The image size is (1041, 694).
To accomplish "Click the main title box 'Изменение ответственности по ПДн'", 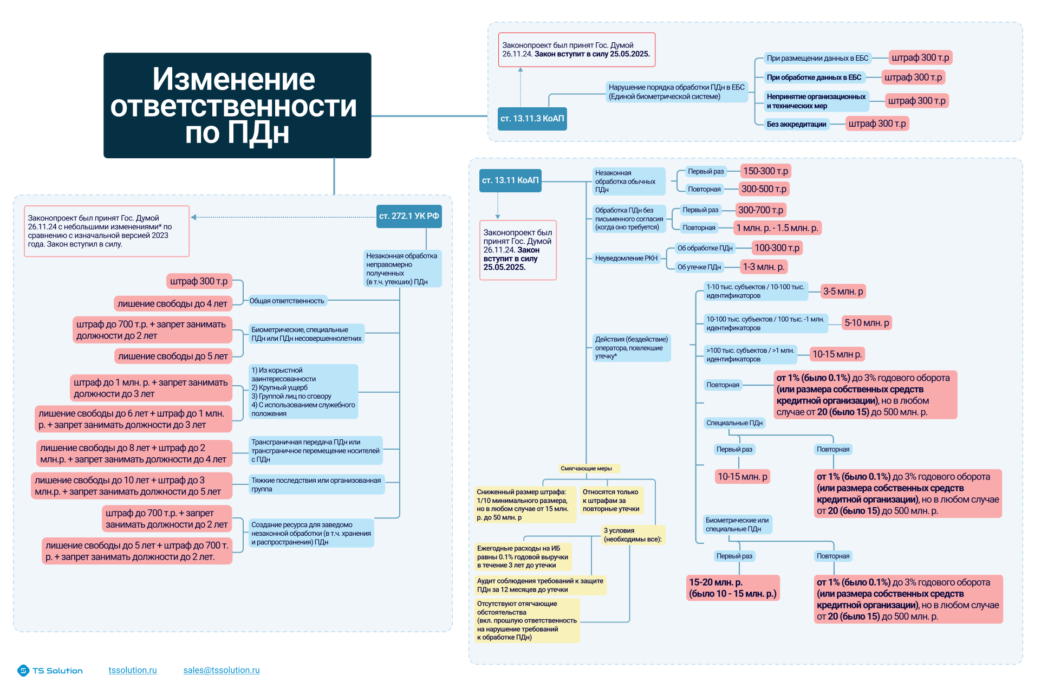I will (x=237, y=105).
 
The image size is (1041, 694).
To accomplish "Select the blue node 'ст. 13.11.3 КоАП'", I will (x=532, y=119).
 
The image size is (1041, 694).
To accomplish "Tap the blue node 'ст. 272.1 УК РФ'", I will (x=409, y=216).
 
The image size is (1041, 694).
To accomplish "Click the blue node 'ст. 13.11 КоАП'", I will (x=510, y=180).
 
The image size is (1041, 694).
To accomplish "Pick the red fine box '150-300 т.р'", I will (x=765, y=171).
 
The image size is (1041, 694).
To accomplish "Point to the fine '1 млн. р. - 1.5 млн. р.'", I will (x=777, y=228).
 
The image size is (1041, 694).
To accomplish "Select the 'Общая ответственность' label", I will (x=287, y=301).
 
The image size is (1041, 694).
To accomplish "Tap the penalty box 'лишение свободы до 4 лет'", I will (x=172, y=304).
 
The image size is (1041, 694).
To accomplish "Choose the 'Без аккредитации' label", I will (x=796, y=125).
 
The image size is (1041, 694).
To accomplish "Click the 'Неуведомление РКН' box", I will (x=626, y=258).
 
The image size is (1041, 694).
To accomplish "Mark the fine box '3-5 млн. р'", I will (x=843, y=291).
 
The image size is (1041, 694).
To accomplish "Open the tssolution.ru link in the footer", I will (x=133, y=670).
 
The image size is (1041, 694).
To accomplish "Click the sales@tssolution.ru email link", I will (x=222, y=670).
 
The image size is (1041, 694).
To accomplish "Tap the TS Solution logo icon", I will (x=23, y=671).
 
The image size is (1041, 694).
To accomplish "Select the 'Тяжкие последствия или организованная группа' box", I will (x=316, y=485).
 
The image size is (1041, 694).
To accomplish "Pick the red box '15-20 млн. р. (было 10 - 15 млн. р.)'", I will (x=732, y=588).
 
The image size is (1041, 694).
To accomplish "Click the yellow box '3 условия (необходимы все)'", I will (x=632, y=535).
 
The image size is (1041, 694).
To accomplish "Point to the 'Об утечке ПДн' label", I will (x=699, y=267).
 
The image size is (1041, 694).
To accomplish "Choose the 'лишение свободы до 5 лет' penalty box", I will (x=173, y=356).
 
